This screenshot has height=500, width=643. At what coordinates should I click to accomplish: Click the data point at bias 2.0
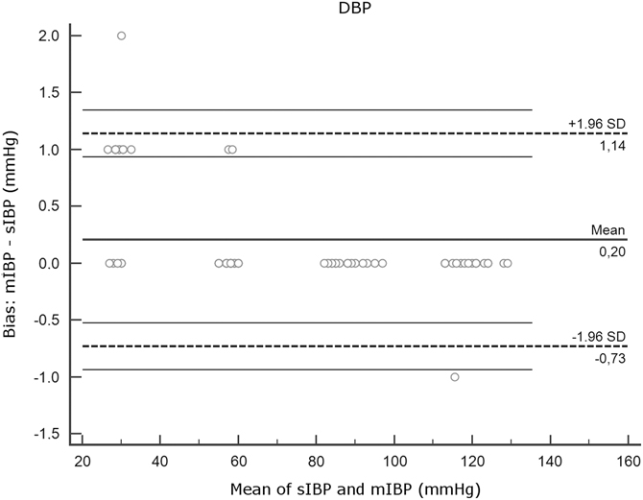pos(121,36)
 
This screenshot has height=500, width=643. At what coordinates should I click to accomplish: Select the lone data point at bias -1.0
pos(455,377)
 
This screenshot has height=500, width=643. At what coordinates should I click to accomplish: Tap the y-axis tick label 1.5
pos(49,93)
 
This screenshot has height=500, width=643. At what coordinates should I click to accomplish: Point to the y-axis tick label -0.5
pos(46,321)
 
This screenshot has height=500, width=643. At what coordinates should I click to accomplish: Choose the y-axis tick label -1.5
pos(46,434)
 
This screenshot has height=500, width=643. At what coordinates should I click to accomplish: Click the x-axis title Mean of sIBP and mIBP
pos(355,487)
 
